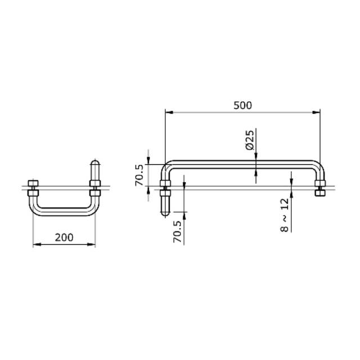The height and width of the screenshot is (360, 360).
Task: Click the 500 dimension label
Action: coord(242,105)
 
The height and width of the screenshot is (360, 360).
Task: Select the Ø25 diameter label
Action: coord(250,140)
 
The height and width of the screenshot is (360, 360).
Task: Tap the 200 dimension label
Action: coord(64,237)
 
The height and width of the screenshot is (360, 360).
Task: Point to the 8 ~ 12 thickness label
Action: coord(284,215)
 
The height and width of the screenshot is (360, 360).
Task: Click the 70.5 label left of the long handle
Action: coord(139,175)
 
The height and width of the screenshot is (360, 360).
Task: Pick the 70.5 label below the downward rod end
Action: coord(177,231)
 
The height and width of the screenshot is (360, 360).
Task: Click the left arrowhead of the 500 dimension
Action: coord(169,112)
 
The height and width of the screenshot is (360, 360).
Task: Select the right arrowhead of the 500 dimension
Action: coord(316,112)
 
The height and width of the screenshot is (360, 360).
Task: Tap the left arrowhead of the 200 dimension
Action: coord(37,245)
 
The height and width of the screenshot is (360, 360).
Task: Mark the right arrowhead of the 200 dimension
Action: coord(91,245)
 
